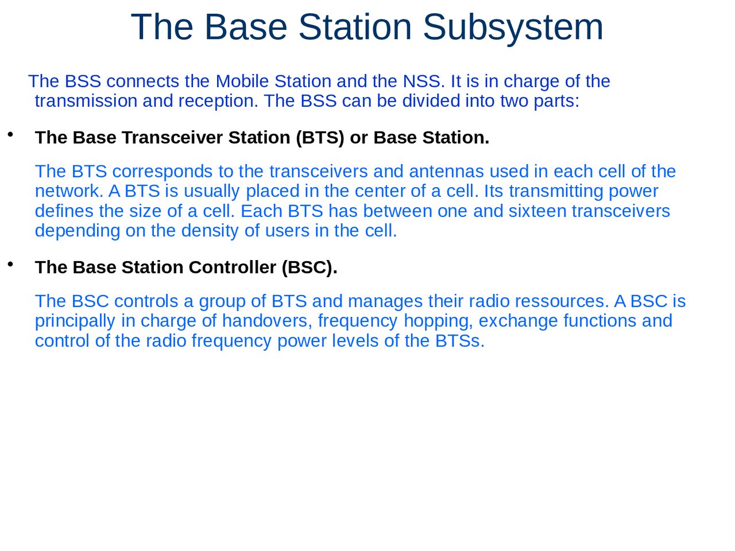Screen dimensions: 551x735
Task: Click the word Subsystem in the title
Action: pyautogui.click(x=513, y=27)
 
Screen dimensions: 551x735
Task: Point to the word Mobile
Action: pyautogui.click(x=242, y=81)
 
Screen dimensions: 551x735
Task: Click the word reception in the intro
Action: pyautogui.click(x=218, y=101)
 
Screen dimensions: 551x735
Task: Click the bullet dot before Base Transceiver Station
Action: pyautogui.click(x=10, y=135)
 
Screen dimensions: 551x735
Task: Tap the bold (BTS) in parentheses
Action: pyautogui.click(x=320, y=138)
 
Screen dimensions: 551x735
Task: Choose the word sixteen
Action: pyautogui.click(x=537, y=211)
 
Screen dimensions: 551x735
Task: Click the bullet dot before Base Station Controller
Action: pyautogui.click(x=10, y=265)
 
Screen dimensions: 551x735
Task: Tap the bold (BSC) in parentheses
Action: pyautogui.click(x=309, y=267)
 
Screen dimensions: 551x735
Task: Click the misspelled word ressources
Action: pyautogui.click(x=562, y=301)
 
